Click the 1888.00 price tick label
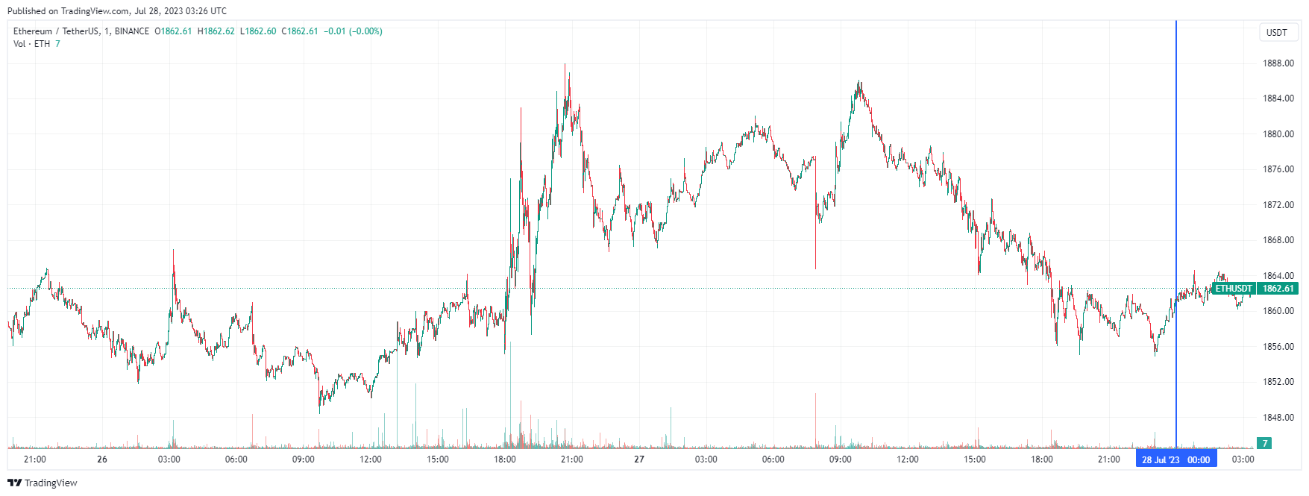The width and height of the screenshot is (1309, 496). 1278,63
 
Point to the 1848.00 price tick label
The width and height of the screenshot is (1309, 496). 1278,417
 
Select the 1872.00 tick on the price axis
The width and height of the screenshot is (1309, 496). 1278,204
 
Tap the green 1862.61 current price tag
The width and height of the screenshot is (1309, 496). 1278,289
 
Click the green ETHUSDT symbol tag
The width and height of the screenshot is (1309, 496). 1234,289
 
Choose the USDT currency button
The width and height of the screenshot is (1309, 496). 1277,32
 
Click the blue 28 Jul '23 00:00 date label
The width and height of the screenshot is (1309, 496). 1176,459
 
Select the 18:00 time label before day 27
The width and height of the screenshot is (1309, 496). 505,459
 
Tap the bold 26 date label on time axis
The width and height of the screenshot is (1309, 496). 102,459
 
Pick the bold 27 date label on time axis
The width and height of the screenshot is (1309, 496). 639,459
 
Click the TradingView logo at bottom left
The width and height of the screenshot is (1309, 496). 43,483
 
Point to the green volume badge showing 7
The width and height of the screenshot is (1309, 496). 1264,443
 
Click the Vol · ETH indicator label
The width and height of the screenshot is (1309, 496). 32,44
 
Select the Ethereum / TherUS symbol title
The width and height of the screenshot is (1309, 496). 56,31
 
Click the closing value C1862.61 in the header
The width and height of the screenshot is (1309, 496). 300,31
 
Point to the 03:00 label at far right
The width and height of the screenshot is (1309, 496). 1243,459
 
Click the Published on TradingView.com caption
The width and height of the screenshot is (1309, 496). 117,11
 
